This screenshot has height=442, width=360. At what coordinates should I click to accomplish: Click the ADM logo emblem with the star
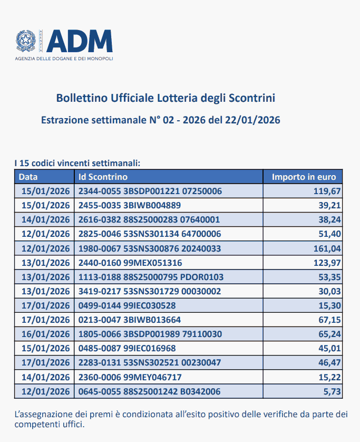tap(25, 41)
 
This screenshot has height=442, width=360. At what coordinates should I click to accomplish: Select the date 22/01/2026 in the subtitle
tap(252, 120)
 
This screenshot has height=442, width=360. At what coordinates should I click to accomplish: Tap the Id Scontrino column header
tap(103, 177)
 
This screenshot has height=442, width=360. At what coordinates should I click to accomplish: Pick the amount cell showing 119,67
tap(327, 191)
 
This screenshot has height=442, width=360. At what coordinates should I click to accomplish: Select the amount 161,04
tap(327, 248)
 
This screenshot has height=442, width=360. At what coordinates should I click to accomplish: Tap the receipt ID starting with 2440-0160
tap(130, 263)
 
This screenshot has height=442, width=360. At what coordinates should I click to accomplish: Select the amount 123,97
tap(327, 263)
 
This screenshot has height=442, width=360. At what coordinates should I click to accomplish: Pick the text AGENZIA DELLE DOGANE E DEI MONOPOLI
tap(64, 58)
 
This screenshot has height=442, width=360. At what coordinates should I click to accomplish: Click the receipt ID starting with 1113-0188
tap(151, 277)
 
